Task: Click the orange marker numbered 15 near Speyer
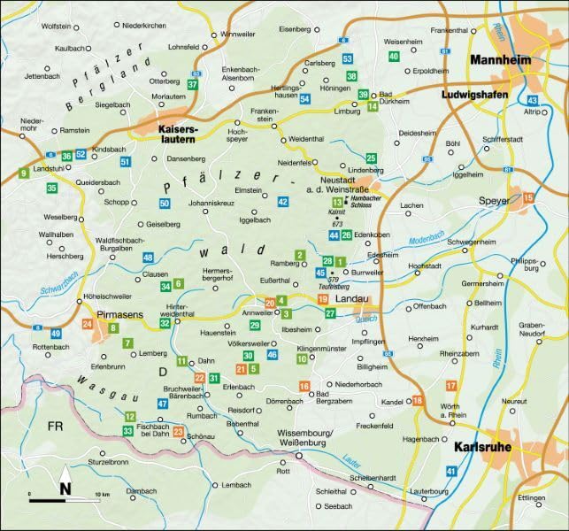point(528,198)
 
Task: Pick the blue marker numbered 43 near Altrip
point(532,101)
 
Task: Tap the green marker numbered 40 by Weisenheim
point(394,57)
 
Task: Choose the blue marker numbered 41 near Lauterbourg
point(451,472)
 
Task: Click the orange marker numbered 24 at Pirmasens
point(87,325)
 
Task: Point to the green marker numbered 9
point(22,173)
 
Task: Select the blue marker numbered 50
point(165,204)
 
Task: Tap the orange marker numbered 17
point(451,386)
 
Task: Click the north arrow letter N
point(65,488)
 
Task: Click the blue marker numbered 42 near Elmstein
point(283,202)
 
